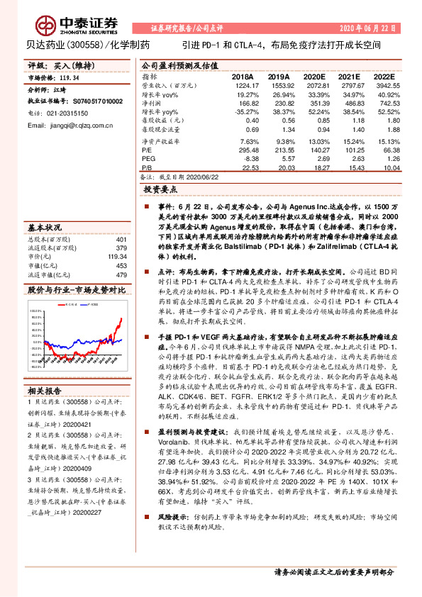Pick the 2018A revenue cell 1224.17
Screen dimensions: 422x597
click(242, 84)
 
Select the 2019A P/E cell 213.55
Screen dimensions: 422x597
click(277, 150)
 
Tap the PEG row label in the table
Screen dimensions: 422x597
click(148, 160)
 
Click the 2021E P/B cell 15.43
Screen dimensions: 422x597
click(347, 168)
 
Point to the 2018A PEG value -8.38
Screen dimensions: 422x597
click(243, 160)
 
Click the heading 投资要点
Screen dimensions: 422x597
click(160, 190)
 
